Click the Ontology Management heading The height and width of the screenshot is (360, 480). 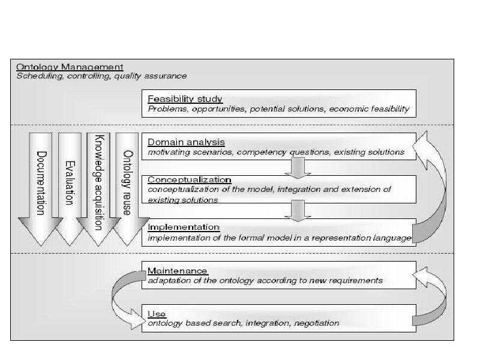[x=70, y=67]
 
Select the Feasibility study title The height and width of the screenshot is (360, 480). [x=185, y=99]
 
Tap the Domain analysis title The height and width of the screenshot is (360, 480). [x=186, y=142]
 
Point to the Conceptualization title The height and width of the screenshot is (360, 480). [x=190, y=179]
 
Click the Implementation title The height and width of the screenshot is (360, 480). [x=184, y=227]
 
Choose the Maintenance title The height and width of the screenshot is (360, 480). [x=178, y=271]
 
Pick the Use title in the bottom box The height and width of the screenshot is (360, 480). [x=157, y=314]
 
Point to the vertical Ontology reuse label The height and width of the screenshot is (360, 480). [x=127, y=180]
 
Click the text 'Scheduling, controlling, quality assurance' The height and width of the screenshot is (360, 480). [x=101, y=76]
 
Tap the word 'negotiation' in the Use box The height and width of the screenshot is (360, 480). [x=316, y=323]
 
